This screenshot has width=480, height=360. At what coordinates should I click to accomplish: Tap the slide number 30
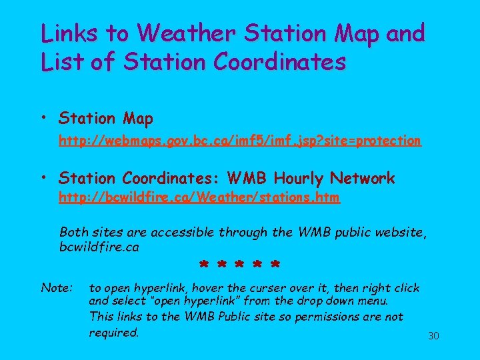pos(433,335)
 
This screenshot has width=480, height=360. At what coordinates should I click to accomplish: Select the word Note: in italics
pos(57,288)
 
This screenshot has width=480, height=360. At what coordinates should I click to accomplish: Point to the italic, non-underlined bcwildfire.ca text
pos(99,247)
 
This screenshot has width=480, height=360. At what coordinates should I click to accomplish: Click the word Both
pos(74,233)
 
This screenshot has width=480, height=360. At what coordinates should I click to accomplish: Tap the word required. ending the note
pos(114,332)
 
